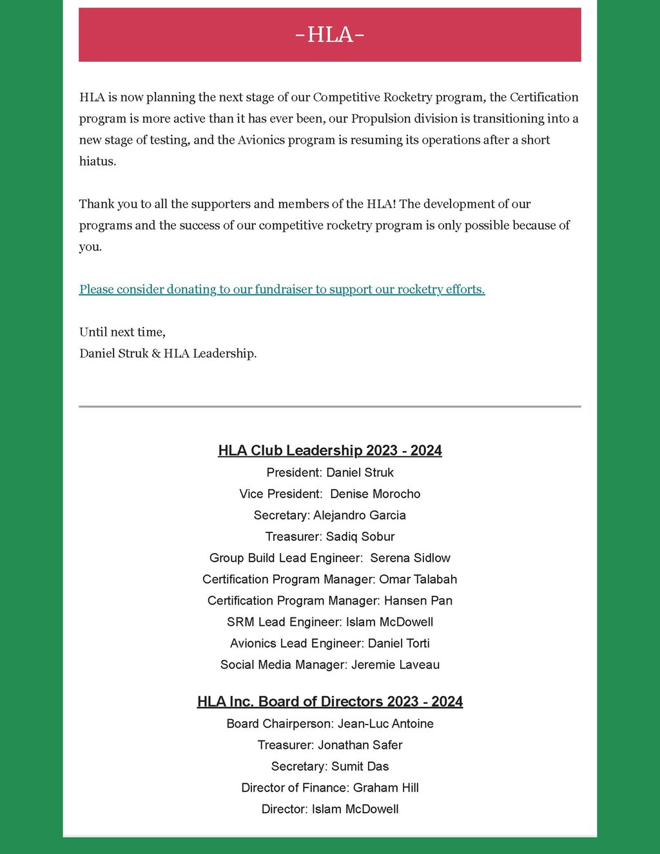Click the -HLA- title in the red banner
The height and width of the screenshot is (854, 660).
[x=329, y=34]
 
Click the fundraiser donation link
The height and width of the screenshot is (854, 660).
[x=282, y=289]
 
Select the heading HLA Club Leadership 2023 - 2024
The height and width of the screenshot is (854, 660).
[x=329, y=451]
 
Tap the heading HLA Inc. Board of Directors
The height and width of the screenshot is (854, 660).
[x=329, y=701]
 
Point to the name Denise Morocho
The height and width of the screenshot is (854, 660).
[x=375, y=494]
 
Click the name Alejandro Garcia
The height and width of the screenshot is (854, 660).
[x=360, y=515]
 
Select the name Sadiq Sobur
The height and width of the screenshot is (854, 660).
[x=360, y=536]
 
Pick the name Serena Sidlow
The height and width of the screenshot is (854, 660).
[x=410, y=558]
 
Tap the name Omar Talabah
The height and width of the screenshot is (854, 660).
[x=418, y=579]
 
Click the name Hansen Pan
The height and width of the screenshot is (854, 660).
[x=418, y=600]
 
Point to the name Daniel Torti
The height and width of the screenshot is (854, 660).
[x=398, y=643]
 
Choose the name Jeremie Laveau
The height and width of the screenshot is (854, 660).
[x=395, y=665]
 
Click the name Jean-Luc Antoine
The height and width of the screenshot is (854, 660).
[x=385, y=723]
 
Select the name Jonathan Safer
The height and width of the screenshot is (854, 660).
[x=360, y=744]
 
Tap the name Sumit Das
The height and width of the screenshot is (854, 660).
[x=360, y=766]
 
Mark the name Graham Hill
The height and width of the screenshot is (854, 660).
[x=385, y=787]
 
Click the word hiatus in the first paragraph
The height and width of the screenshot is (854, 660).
[x=97, y=161]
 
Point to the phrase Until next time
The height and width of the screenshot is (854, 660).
[x=122, y=332]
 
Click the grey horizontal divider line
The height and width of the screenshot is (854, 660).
[x=329, y=407]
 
